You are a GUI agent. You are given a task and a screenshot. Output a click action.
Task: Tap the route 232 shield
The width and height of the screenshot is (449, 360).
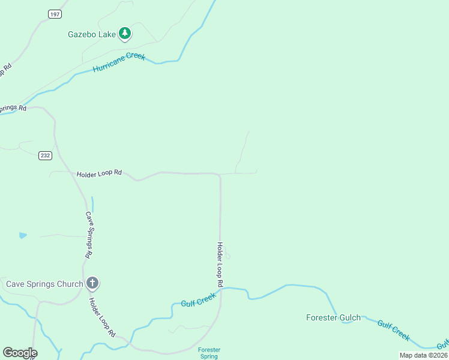[46, 155]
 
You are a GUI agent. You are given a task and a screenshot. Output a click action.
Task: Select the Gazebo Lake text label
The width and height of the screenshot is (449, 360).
[91, 34]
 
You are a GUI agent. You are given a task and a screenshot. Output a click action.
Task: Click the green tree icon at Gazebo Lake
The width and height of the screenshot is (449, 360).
[125, 34]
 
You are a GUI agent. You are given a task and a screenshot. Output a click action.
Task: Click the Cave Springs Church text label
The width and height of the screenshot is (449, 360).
[44, 284]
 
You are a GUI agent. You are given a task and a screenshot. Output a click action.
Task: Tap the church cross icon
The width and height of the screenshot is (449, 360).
[92, 283]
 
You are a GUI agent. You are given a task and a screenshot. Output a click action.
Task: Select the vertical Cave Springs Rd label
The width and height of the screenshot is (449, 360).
[88, 235]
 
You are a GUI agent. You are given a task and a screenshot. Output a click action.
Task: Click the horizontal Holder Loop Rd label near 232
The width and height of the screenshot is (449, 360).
[99, 173]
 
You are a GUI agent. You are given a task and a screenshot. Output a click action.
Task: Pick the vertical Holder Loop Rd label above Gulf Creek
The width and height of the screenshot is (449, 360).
[220, 263]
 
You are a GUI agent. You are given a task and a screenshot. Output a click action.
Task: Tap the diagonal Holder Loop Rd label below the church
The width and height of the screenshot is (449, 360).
[102, 317]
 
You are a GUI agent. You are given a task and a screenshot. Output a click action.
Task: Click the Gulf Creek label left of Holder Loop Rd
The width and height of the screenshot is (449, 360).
[198, 301]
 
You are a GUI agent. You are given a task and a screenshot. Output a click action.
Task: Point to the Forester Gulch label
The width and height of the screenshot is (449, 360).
[333, 317]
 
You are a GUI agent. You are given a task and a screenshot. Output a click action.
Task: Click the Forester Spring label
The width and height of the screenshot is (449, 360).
[209, 353]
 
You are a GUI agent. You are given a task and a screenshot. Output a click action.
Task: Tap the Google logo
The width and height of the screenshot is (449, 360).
[20, 353]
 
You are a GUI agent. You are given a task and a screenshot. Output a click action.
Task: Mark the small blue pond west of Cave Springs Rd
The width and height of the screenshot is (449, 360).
[23, 235]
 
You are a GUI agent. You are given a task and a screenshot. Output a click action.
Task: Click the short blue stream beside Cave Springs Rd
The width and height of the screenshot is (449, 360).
[92, 204]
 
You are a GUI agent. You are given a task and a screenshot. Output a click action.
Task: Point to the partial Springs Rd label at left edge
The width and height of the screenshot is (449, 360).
[13, 109]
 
